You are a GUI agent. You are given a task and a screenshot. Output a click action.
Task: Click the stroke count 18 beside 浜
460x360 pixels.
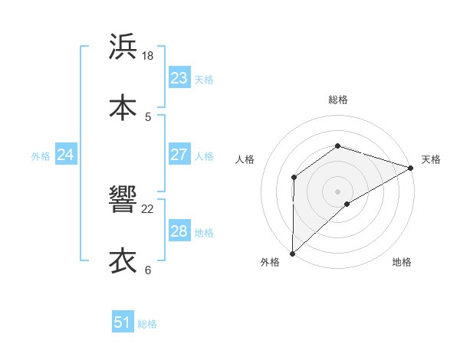(148, 56)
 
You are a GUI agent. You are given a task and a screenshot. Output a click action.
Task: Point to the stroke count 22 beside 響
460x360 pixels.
(148, 208)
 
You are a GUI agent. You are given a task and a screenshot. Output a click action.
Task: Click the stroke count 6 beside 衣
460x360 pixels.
(148, 270)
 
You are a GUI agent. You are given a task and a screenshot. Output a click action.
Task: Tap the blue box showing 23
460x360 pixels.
(179, 78)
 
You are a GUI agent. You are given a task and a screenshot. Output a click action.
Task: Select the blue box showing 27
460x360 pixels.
(179, 155)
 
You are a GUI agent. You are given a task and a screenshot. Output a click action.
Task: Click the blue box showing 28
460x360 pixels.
(179, 231)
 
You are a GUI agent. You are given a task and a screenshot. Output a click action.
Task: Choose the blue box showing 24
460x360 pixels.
(65, 155)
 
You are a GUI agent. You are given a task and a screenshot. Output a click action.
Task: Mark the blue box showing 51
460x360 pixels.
(123, 322)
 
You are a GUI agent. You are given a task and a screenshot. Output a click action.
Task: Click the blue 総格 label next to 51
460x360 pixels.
(147, 324)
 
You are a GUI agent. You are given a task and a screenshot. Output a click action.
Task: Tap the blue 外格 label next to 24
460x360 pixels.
(41, 156)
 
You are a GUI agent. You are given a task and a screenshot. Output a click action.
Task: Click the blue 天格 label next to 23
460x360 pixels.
(204, 80)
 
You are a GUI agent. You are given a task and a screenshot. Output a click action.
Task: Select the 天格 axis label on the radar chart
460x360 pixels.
(431, 159)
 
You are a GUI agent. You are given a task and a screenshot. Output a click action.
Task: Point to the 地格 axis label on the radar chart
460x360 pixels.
(402, 263)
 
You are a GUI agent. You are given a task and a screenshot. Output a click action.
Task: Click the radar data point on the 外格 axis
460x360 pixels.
(292, 254)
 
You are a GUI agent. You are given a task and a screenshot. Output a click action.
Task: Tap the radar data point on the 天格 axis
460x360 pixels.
(411, 168)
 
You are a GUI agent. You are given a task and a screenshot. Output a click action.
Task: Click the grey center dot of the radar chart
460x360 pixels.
(337, 191)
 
